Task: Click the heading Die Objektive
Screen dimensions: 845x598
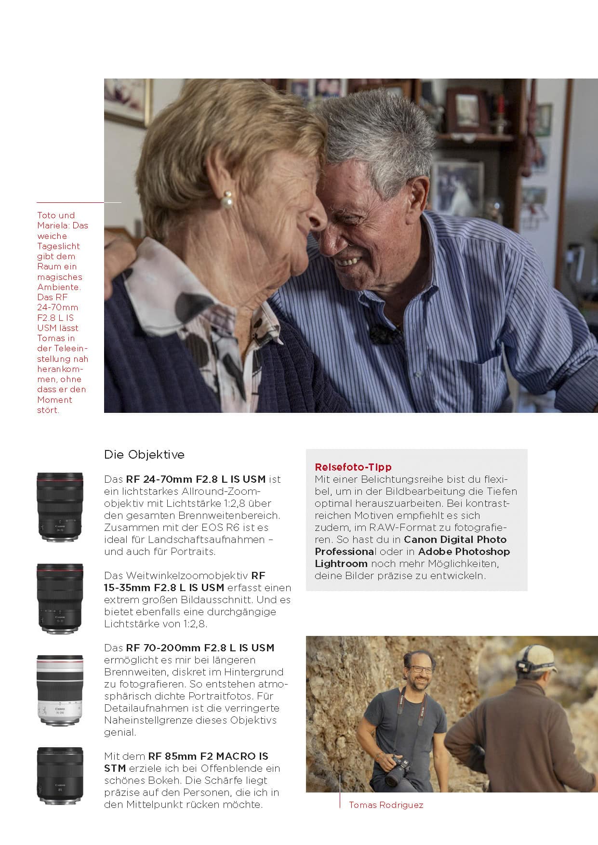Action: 144,454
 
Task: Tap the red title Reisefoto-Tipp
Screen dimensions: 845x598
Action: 353,467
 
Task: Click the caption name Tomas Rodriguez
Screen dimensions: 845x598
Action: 386,805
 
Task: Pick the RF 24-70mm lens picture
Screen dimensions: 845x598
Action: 60,507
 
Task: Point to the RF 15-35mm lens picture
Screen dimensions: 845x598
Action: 60,598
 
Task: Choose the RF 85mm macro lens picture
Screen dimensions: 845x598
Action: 60,776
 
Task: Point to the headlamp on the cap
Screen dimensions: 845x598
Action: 524,665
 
